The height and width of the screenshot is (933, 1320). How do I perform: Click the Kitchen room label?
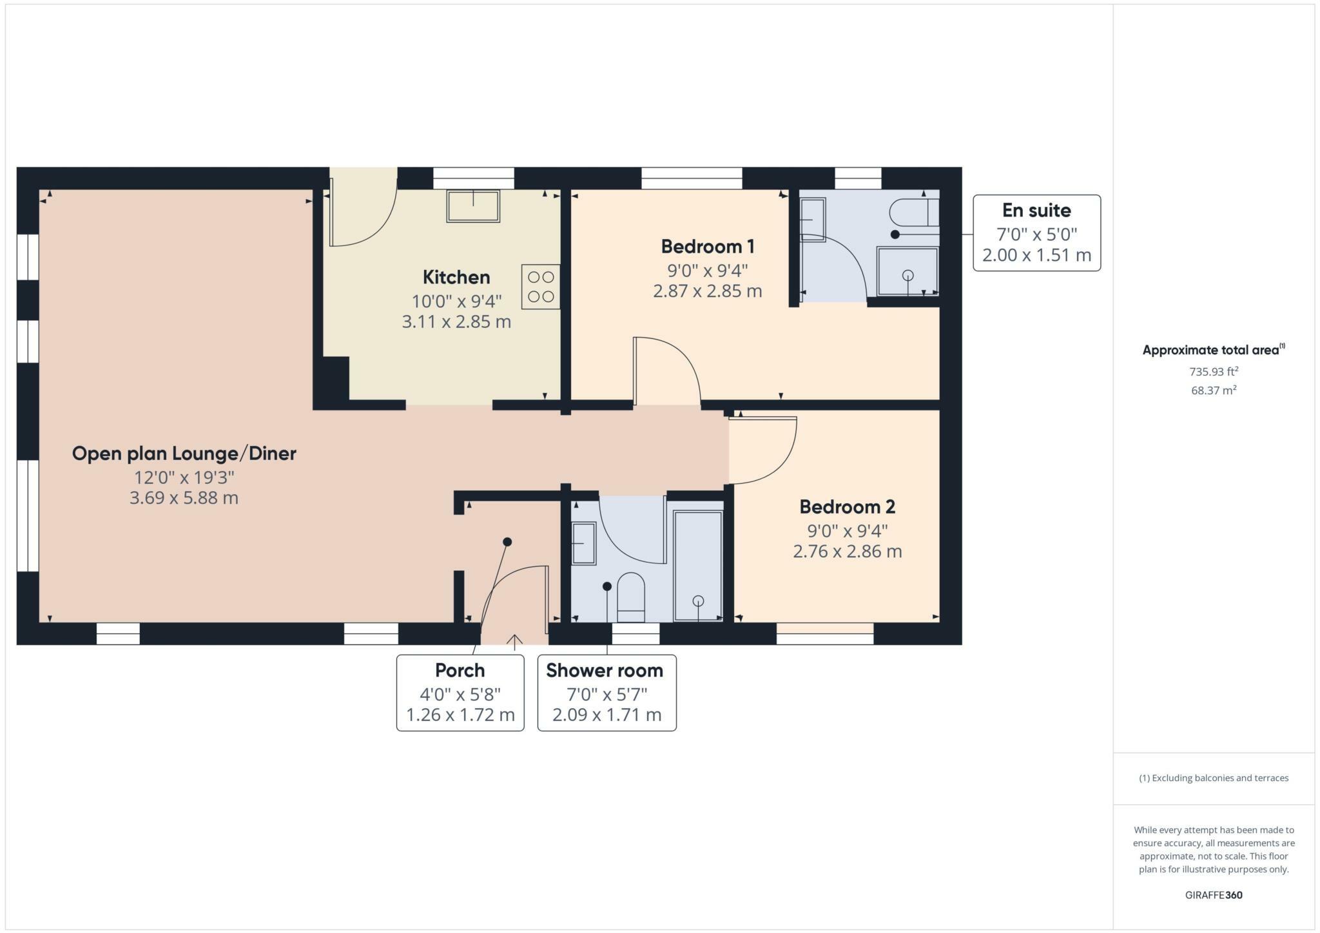[456, 277]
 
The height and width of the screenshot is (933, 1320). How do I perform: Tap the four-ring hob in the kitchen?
[540, 287]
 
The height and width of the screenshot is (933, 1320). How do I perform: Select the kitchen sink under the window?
[473, 206]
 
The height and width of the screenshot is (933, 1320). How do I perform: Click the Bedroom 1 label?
[707, 246]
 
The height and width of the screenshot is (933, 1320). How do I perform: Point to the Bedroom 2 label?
[847, 506]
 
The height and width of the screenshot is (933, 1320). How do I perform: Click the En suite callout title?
[1036, 210]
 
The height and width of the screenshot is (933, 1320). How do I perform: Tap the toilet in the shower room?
[630, 597]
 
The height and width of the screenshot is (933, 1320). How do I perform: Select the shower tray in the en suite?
[907, 271]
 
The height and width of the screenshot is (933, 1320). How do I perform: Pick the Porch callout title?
[460, 670]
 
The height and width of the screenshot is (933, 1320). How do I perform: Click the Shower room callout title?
[604, 670]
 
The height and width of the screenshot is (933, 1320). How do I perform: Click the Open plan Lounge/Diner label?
[184, 453]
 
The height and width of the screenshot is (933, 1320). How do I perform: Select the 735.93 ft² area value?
[1213, 372]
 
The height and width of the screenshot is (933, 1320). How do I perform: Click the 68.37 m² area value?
[1213, 390]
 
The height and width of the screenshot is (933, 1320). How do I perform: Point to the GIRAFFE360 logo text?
[1213, 895]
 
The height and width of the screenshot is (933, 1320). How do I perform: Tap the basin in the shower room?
[584, 543]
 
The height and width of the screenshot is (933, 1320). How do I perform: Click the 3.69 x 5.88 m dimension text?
[184, 498]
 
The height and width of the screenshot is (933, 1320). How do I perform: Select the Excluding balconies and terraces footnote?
[1213, 778]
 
